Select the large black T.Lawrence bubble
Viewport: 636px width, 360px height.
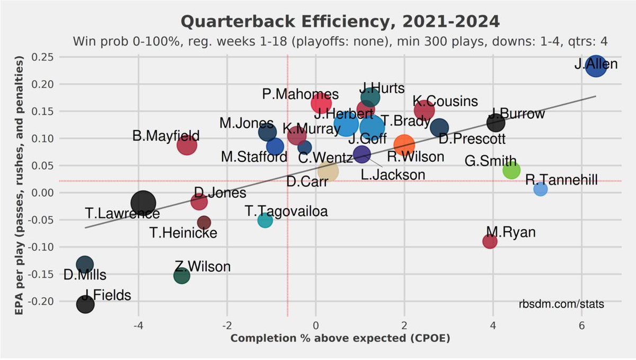[143, 203]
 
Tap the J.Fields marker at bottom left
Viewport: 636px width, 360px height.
[85, 304]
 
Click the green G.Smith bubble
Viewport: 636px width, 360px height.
[511, 170]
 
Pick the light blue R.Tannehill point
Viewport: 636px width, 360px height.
[540, 189]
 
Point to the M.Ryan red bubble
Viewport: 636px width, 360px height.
[490, 241]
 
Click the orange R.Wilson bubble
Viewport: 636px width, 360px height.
[404, 145]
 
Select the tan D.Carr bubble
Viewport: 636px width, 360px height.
[328, 171]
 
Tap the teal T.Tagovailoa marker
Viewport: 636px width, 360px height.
[265, 220]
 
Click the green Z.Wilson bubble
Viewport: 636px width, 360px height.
[181, 276]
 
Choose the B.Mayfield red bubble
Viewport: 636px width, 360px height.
[187, 145]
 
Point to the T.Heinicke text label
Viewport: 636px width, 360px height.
[183, 232]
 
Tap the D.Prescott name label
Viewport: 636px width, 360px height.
[472, 139]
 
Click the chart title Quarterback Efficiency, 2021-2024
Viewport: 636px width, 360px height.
[340, 22]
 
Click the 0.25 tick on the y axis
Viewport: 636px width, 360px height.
[43, 57]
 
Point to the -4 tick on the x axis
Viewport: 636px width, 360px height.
[138, 326]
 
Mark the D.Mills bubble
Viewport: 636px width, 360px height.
[84, 264]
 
